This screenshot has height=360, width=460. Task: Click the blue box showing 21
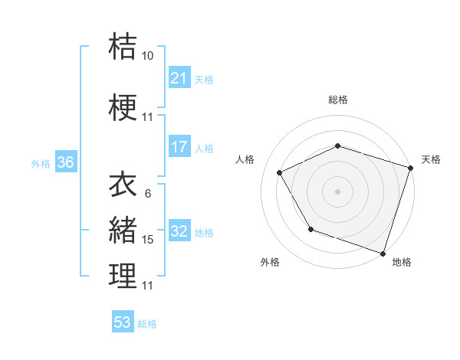(179, 78)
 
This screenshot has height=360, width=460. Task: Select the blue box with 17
(179, 148)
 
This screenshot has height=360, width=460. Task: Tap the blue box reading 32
(179, 232)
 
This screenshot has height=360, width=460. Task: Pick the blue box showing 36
(65, 163)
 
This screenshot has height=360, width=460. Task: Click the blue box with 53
(123, 322)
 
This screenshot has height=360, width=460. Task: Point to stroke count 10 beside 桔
(148, 56)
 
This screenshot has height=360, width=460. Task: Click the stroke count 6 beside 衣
(148, 193)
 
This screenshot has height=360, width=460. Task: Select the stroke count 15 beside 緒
(148, 240)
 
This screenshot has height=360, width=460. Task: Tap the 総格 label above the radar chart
(338, 100)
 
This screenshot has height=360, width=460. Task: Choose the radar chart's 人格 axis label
(245, 159)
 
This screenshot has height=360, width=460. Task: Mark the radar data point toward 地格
(382, 253)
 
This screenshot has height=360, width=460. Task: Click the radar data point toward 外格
(310, 229)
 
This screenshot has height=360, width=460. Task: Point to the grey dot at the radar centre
(338, 191)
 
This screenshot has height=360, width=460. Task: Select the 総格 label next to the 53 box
(147, 324)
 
